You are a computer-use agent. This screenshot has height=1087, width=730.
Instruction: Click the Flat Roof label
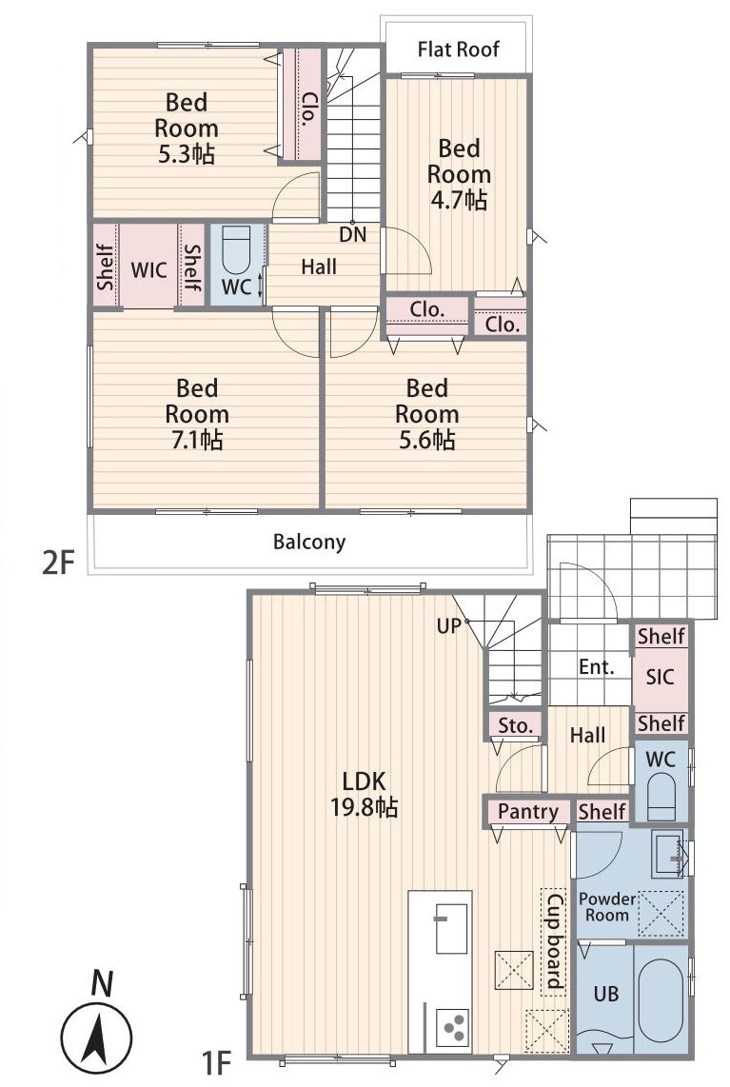pyautogui.click(x=458, y=49)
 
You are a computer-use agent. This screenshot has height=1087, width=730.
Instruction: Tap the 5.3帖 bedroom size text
pyautogui.click(x=187, y=153)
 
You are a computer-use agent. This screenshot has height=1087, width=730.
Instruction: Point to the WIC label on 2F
pyautogui.click(x=149, y=269)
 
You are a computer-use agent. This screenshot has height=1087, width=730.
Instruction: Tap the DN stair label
pyautogui.click(x=353, y=234)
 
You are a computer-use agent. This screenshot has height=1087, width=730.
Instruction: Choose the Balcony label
pyautogui.click(x=309, y=542)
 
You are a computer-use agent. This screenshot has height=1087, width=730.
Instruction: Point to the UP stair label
pyautogui.click(x=448, y=626)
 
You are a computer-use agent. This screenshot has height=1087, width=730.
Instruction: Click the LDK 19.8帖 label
pyautogui.click(x=364, y=794)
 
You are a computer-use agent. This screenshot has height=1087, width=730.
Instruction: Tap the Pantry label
pyautogui.click(x=528, y=811)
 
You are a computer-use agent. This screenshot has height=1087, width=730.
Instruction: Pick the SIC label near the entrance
pyautogui.click(x=660, y=677)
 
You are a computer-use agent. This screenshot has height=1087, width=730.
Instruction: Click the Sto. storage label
pyautogui.click(x=516, y=726)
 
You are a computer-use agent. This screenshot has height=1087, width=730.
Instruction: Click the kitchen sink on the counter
pyautogui.click(x=451, y=928)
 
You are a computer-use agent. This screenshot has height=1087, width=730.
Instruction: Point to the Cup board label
pyautogui.click(x=554, y=940)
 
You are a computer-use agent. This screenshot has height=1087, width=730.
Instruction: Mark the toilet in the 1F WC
pyautogui.click(x=661, y=797)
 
